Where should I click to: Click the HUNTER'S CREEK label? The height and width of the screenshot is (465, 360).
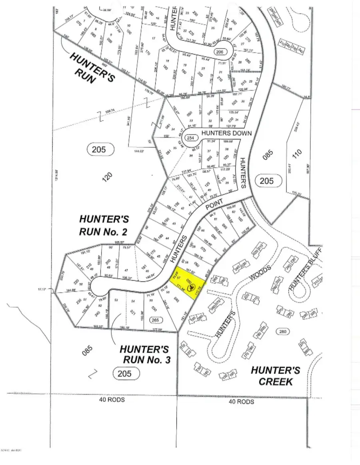pyautogui.click(x=276, y=375)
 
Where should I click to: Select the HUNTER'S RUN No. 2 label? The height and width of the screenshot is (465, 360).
pyautogui.click(x=104, y=225)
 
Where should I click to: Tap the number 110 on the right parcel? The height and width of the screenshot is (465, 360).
pyautogui.click(x=296, y=155)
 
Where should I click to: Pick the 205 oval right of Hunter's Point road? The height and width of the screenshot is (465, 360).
pyautogui.click(x=266, y=181)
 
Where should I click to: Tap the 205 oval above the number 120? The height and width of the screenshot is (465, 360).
pyautogui.click(x=100, y=150)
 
